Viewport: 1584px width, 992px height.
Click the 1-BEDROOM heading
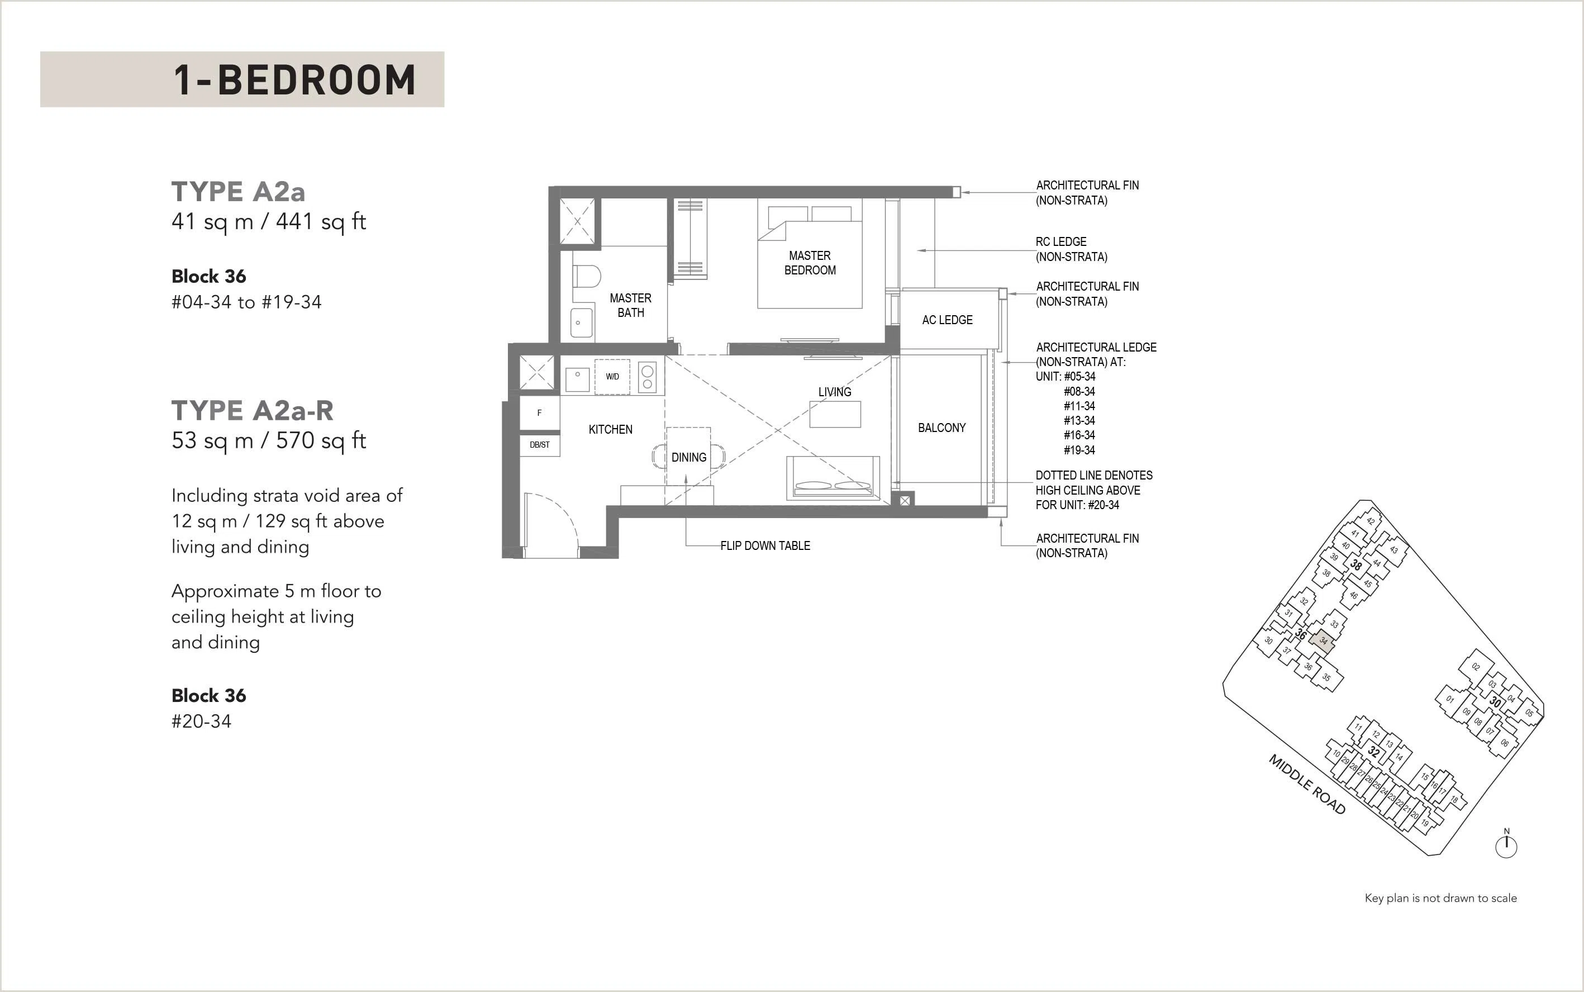tap(294, 79)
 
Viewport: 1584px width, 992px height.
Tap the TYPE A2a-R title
tap(253, 411)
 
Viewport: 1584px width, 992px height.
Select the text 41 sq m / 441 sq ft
tap(268, 222)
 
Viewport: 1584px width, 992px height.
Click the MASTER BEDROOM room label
tap(810, 263)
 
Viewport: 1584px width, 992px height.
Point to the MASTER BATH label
tap(630, 305)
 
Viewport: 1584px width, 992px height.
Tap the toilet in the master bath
tap(586, 276)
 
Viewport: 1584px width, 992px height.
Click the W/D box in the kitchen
tap(612, 377)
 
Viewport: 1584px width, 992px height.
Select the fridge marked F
tap(539, 412)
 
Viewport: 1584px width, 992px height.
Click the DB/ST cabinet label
tap(540, 445)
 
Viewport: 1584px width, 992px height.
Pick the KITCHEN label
tap(611, 429)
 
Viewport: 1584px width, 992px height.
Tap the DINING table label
tap(689, 457)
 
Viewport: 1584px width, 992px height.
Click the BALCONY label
tap(942, 428)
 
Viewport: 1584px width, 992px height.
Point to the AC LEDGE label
tap(947, 320)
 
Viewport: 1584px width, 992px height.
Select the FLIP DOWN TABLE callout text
tap(765, 545)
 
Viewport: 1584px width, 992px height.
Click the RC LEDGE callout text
tap(1072, 249)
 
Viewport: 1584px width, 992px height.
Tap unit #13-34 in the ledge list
tap(1079, 420)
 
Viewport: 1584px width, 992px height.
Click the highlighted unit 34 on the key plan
tap(1323, 640)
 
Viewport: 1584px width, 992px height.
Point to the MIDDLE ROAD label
tap(1307, 785)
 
